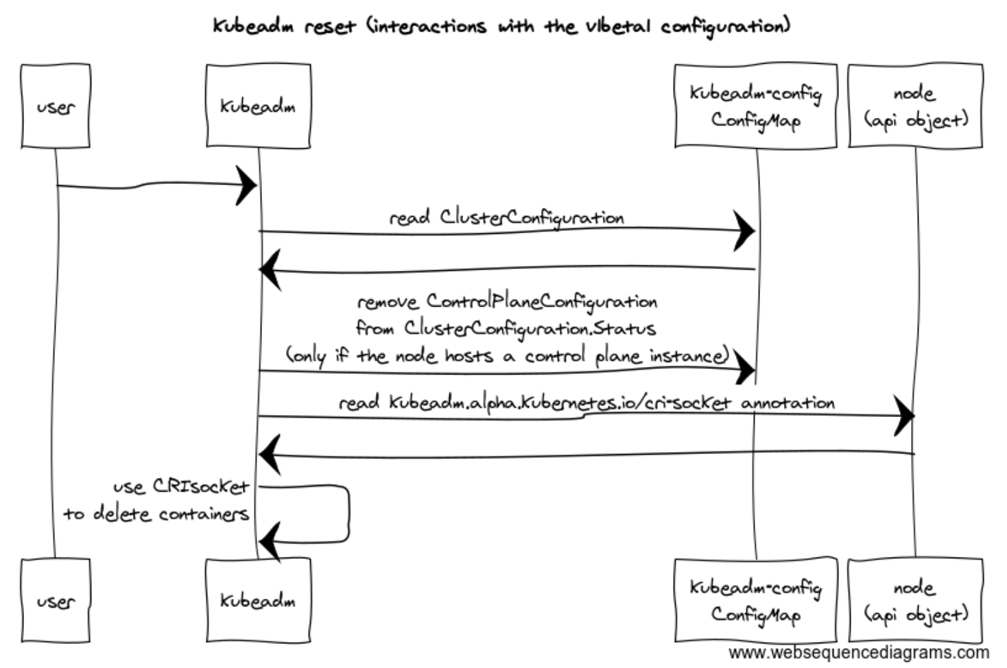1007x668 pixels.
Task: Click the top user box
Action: pos(56,106)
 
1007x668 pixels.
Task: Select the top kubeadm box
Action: pos(259,106)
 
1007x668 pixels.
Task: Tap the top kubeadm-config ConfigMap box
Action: pos(756,106)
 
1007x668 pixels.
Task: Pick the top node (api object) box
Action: pos(916,106)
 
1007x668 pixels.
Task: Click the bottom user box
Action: pos(56,601)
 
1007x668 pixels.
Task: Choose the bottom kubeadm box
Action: pos(259,601)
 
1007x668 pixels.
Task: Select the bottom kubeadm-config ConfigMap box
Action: pos(756,601)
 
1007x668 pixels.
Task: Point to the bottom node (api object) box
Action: pos(916,601)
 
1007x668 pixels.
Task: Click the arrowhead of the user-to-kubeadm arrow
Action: pos(246,185)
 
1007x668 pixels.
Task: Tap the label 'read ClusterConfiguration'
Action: pos(507,218)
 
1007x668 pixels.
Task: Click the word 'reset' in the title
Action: pos(331,27)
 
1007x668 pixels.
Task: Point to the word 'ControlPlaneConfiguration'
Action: pos(542,302)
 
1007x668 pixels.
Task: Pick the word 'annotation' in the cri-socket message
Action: pos(788,403)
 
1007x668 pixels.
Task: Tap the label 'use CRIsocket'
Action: pos(180,487)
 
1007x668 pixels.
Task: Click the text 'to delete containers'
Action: pos(156,514)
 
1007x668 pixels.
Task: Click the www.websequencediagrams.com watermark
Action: pos(859,653)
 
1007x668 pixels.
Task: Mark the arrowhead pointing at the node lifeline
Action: pos(903,416)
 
